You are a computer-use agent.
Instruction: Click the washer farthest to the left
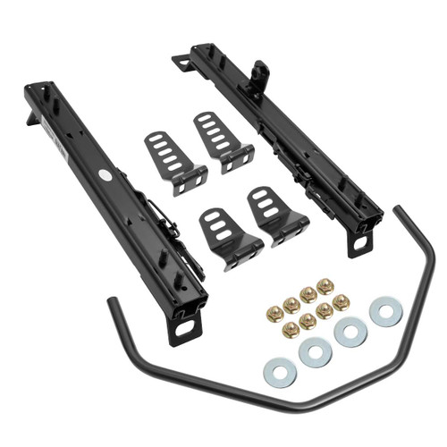pos(279,367)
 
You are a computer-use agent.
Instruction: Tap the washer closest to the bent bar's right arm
pos(385,312)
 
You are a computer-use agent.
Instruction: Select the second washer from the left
pos(316,351)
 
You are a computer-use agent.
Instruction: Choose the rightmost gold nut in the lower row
pos(340,301)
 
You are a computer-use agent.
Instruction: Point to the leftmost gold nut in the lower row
pos(291,329)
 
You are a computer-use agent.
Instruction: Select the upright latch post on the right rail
pos(261,71)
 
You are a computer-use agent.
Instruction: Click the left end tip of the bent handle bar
pos(112,301)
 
